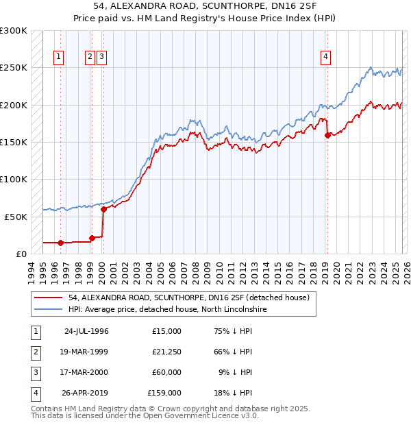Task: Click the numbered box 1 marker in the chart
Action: pos(60,57)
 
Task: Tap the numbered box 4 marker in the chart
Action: pos(326,57)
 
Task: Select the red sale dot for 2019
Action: pos(327,135)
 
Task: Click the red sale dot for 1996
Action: pos(60,243)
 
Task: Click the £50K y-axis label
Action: pos(16,217)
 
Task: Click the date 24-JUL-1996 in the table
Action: pos(86,331)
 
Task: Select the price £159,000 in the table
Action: pos(164,393)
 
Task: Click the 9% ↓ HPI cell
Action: pos(236,372)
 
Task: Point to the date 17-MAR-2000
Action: pos(86,372)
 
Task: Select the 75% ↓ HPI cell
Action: pos(234,331)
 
